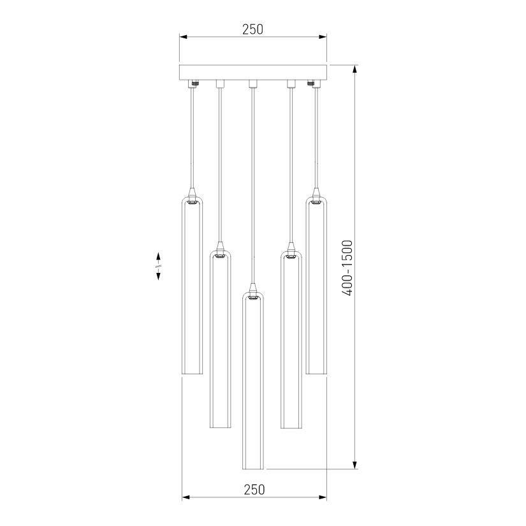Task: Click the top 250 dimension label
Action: pos(252,29)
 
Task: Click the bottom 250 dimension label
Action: pos(254,490)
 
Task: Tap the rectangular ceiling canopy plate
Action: pos(253,72)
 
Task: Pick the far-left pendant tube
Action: pos(192,285)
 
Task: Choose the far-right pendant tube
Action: pos(316,285)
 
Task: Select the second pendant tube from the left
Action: pos(221,339)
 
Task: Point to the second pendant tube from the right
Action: pos(291,339)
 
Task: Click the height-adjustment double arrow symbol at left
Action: pos(158,266)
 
